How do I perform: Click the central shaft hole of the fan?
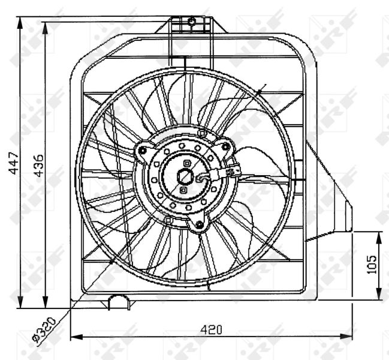pyautogui.click(x=186, y=176)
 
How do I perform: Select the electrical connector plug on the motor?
pyautogui.click(x=232, y=172)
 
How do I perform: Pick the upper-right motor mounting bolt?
pyautogui.click(x=225, y=146)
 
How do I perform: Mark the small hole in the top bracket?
pyautogui.click(x=192, y=22)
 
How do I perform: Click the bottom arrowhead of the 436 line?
pyautogui.click(x=46, y=304)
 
